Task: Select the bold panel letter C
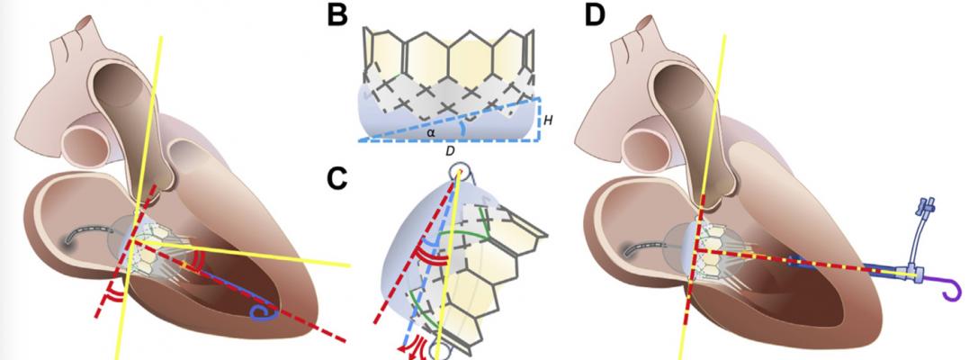click(x=337, y=180)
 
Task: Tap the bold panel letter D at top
click(x=595, y=16)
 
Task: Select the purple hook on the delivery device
click(x=945, y=288)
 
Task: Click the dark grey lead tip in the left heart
click(x=69, y=239)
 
